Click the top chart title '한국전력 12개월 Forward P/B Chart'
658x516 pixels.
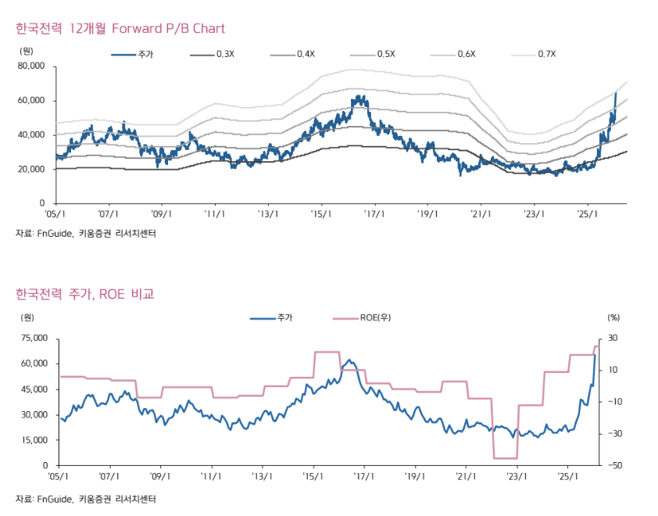pos(120,29)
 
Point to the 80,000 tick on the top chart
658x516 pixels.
pos(32,66)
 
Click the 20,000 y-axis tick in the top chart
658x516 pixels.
pos(32,169)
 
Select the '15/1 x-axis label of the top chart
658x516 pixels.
pos(319,213)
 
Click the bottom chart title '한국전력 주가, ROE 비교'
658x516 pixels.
pos(84,294)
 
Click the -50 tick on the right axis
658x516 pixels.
pos(613,465)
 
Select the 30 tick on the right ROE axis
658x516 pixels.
pos(613,339)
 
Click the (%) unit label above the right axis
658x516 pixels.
pos(613,317)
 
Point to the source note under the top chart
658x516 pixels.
pos(85,233)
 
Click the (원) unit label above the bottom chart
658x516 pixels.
pos(28,317)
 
